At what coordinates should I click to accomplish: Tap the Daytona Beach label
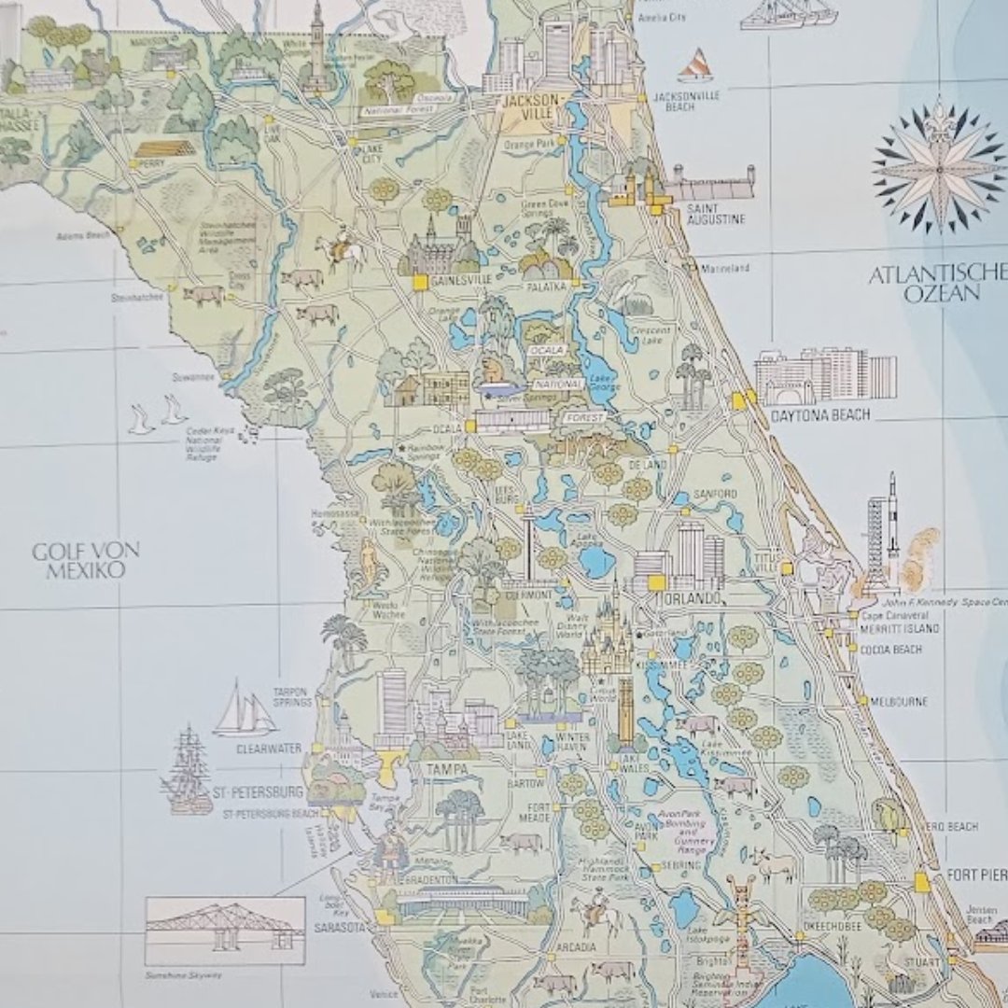[816, 413]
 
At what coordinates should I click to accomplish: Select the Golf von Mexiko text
[85, 559]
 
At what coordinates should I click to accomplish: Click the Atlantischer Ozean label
[937, 284]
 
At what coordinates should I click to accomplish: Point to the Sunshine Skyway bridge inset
[225, 930]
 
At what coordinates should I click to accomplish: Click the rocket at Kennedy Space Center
[891, 527]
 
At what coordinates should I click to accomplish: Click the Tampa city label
[445, 768]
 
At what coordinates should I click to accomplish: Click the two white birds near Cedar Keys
[156, 415]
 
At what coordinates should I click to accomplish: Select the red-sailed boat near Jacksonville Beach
[695, 66]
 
